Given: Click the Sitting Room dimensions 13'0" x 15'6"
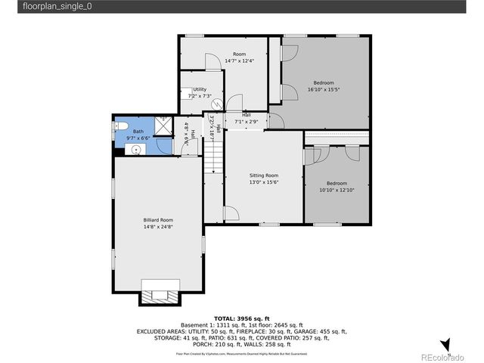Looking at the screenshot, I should [264, 182].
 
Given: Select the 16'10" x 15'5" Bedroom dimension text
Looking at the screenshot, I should [323, 89].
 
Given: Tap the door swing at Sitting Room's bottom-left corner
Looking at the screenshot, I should [230, 214].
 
